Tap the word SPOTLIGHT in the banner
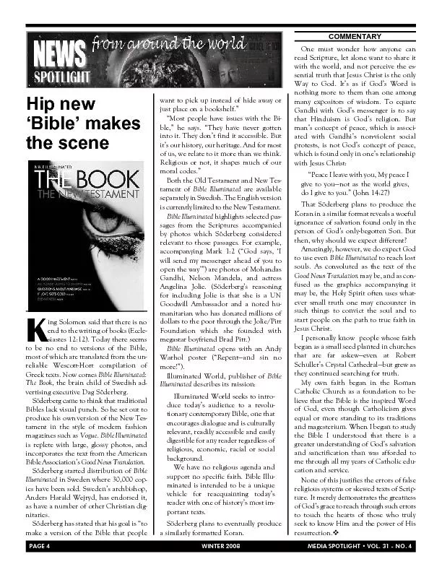coord(61,77)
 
